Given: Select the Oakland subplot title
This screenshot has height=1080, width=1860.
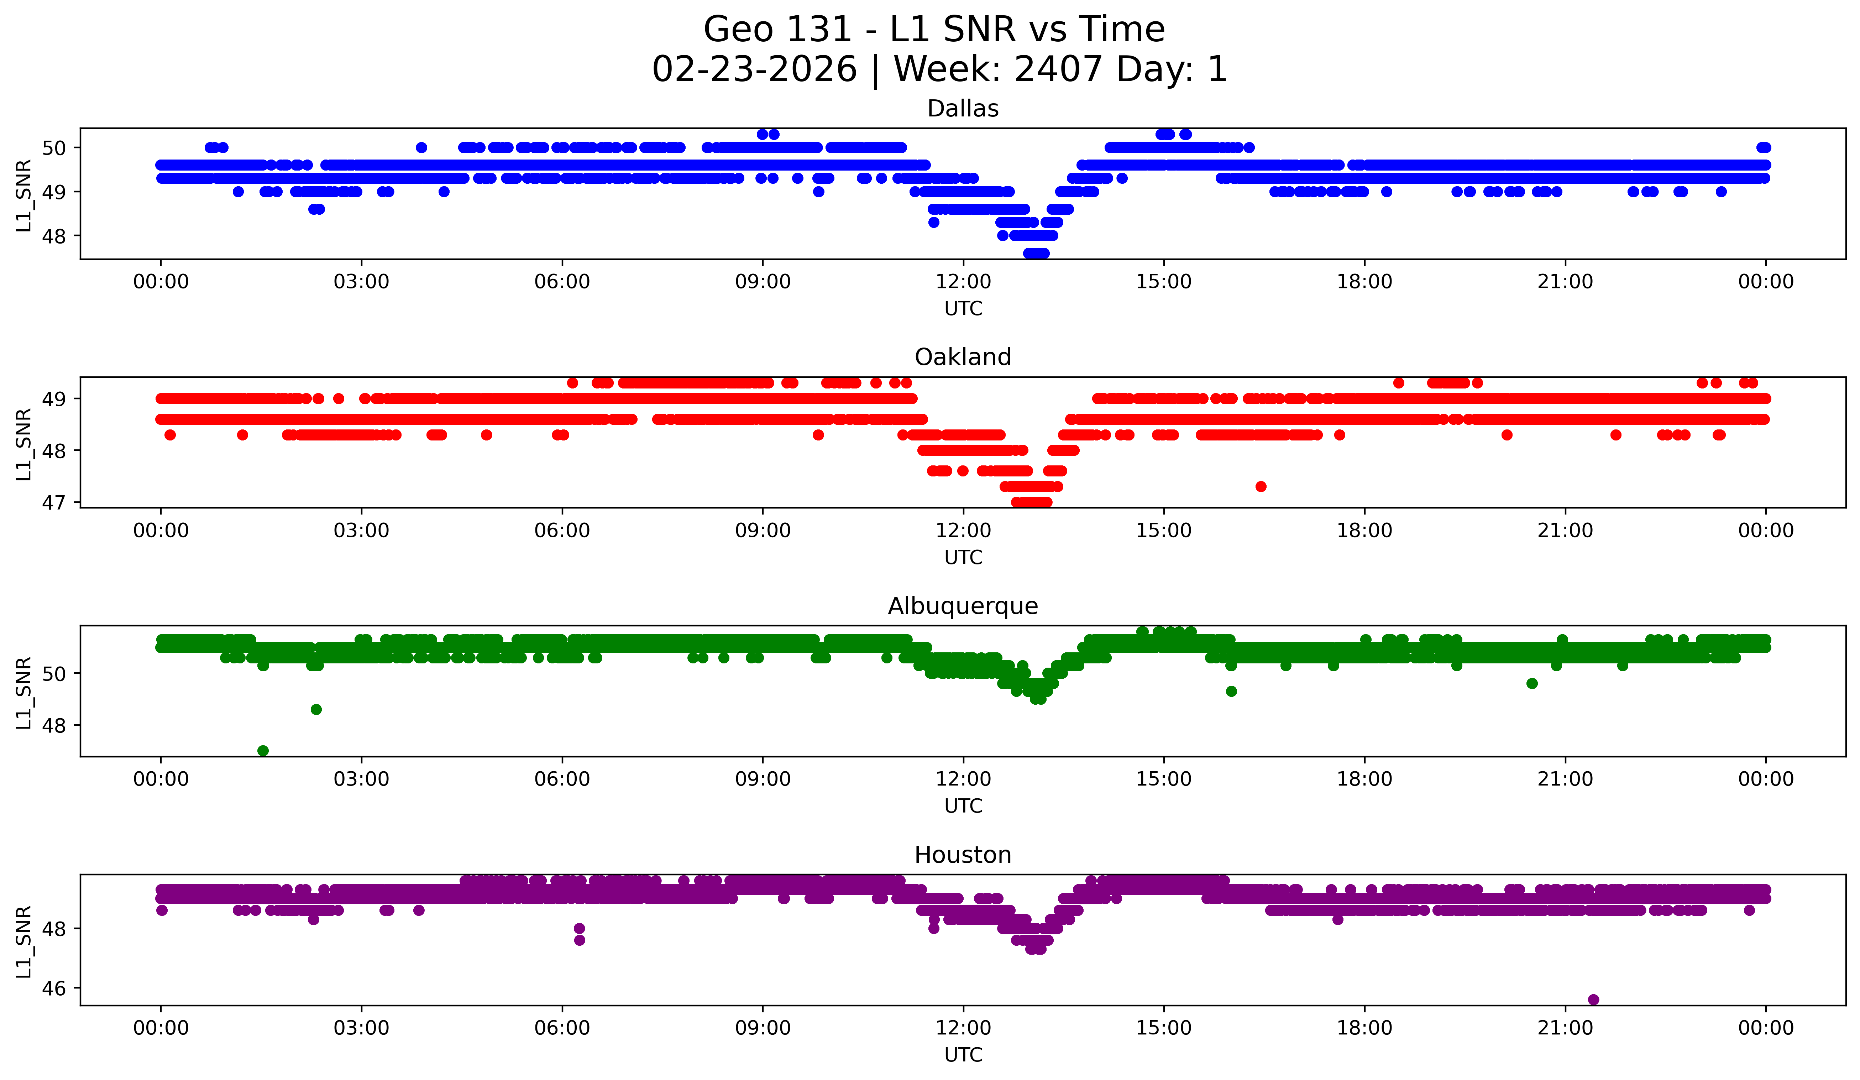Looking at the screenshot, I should (x=963, y=357).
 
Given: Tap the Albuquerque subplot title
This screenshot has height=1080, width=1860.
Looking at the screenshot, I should (x=963, y=606).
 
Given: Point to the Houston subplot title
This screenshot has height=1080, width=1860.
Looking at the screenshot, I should (x=963, y=855).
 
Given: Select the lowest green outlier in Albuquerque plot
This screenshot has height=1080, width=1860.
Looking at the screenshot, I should (x=263, y=751).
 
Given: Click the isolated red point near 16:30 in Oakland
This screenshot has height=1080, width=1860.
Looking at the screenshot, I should (x=1261, y=486).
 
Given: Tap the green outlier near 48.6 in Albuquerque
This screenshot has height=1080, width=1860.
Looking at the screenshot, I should (x=316, y=709).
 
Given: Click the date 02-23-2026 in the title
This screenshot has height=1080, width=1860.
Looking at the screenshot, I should (x=754, y=69).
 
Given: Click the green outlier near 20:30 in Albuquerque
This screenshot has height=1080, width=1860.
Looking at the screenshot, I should (x=1531, y=684).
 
